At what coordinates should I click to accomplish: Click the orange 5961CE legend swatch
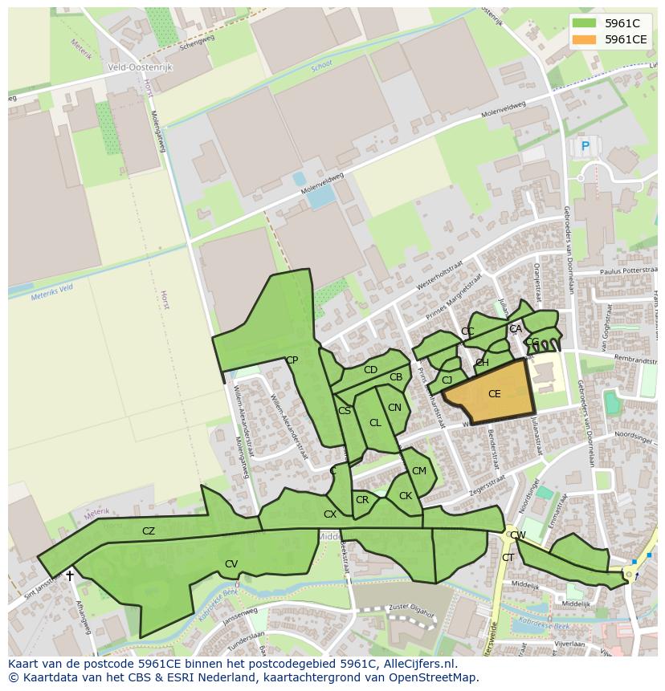click(585, 39)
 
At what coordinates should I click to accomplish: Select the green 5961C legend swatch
click(585, 23)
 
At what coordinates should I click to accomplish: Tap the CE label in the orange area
click(494, 393)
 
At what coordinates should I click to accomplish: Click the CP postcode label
click(292, 360)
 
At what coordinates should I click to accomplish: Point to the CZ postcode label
click(149, 530)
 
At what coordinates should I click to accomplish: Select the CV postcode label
click(231, 563)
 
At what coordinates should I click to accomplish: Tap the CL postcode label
click(375, 422)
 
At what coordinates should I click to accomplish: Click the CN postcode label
click(394, 408)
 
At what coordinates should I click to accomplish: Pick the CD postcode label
click(370, 370)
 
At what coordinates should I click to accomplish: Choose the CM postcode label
click(419, 471)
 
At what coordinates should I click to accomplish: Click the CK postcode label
click(406, 495)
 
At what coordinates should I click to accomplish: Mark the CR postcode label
click(362, 499)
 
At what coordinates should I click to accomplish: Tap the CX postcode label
click(330, 514)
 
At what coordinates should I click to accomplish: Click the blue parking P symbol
click(585, 146)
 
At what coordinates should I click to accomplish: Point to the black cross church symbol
click(70, 575)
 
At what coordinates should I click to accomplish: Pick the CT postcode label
click(508, 557)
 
